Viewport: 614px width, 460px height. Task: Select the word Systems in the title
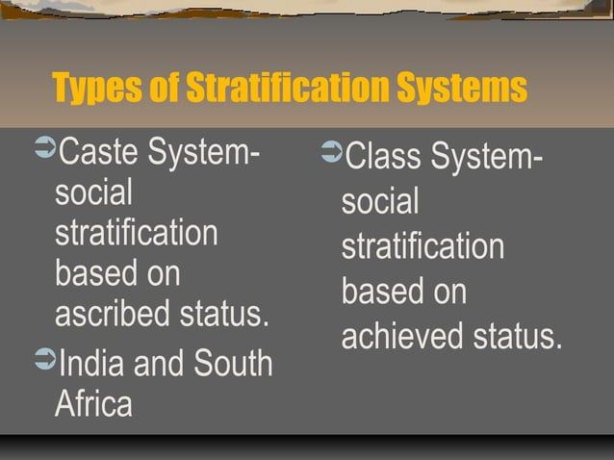(x=452, y=89)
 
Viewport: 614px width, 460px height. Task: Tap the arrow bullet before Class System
(x=330, y=153)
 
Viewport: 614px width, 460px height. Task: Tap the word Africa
(x=93, y=403)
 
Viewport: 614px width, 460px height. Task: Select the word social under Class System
(x=380, y=202)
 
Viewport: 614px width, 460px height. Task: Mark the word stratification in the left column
(x=136, y=234)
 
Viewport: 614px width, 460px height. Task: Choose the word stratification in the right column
(x=422, y=247)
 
